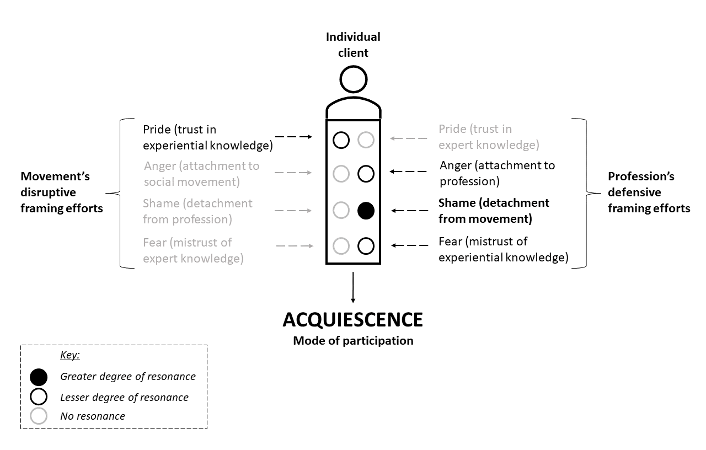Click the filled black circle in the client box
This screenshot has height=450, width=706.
[x=366, y=210]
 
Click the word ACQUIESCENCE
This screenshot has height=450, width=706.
[x=353, y=320]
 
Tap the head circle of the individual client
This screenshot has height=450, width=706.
[x=354, y=79]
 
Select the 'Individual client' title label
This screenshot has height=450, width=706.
[x=353, y=45]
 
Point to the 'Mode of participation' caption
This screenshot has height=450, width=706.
[x=353, y=341]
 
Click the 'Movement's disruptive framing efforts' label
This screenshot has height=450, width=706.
[x=62, y=192]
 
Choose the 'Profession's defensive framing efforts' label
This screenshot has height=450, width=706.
[x=649, y=192]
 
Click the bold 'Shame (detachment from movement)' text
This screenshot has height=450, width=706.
[x=494, y=210]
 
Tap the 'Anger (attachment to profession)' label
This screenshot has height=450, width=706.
[x=497, y=173]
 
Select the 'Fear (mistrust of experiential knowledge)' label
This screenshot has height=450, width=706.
[x=503, y=249]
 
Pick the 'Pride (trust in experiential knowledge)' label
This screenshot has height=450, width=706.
[x=207, y=137]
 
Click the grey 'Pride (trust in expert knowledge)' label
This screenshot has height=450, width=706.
[x=488, y=137]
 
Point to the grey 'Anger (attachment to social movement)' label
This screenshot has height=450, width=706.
[x=201, y=173]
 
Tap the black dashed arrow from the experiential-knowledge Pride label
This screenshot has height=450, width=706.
[x=293, y=137]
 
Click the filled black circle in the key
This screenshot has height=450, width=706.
[x=39, y=377]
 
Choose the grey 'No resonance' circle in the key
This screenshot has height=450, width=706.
[x=39, y=416]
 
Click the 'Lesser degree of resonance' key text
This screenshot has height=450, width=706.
[x=124, y=397]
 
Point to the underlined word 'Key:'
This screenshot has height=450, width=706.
[x=70, y=355]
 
